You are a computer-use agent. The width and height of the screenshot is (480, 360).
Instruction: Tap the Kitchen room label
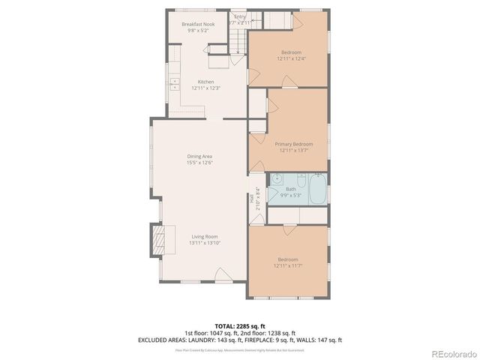point(205,82)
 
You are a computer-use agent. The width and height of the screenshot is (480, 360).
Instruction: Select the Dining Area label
point(199,156)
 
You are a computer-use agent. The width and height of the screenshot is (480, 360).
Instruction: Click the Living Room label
point(205,236)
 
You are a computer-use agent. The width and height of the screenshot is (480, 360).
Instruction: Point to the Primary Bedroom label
point(293,144)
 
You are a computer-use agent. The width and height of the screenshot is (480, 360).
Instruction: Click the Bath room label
point(290,189)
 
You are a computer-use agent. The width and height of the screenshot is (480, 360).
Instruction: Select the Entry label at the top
point(240,16)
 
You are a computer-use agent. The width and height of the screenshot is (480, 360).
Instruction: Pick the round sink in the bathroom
point(276,179)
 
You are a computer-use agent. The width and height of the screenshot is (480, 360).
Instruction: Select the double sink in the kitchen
point(173,81)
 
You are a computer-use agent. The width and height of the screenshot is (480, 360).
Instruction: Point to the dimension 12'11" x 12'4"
point(291,58)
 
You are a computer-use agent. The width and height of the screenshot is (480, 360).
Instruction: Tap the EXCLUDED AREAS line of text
point(239,340)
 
